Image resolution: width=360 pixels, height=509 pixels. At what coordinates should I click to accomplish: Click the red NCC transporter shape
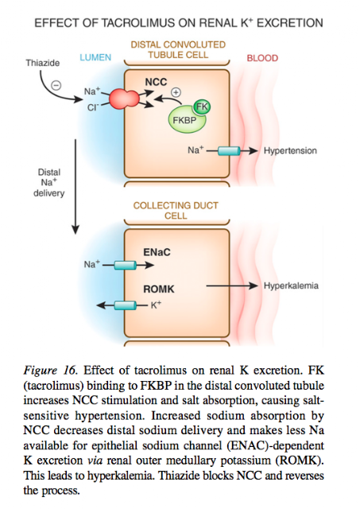click(x=124, y=99)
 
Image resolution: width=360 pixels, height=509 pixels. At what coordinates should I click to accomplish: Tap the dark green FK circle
click(x=202, y=107)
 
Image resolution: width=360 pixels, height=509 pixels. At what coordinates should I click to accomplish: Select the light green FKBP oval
click(x=186, y=119)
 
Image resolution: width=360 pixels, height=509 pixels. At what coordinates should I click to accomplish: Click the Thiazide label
click(x=42, y=63)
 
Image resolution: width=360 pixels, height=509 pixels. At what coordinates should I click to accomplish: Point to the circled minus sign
click(x=56, y=85)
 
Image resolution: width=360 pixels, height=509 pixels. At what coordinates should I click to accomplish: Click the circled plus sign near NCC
click(x=176, y=92)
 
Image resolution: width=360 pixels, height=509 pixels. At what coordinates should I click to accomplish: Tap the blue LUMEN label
click(x=95, y=57)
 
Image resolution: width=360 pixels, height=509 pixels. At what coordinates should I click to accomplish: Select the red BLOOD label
click(x=262, y=58)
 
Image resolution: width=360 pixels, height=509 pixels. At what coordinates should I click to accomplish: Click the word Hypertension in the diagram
click(x=290, y=150)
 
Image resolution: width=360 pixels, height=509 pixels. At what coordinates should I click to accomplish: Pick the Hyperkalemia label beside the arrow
click(x=291, y=286)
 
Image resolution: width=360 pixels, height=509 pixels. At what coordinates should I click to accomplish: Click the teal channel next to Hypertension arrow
click(x=229, y=151)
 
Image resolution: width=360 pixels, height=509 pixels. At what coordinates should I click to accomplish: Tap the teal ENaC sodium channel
click(x=125, y=265)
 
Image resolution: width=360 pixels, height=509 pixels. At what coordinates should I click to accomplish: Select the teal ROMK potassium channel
click(x=125, y=305)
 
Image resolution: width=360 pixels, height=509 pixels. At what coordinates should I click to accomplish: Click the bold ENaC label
click(x=157, y=252)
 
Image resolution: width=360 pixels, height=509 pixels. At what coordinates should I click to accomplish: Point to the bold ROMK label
click(x=159, y=289)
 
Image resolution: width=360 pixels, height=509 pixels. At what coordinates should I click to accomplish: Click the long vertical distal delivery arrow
click(x=75, y=187)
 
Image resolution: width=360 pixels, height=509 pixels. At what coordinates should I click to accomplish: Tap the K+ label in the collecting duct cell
click(x=156, y=305)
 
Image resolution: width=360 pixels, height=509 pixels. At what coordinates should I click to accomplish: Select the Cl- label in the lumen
click(x=92, y=107)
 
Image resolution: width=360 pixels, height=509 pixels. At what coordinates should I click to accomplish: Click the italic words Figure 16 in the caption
click(x=50, y=370)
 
